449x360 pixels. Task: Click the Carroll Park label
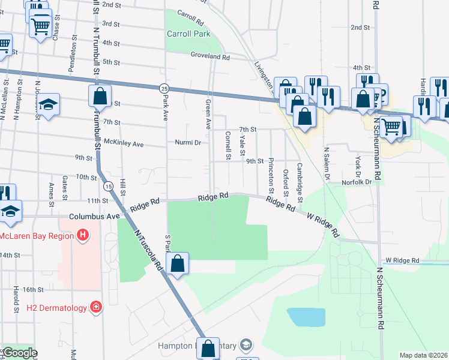(188, 34)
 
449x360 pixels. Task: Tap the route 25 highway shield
(164, 88)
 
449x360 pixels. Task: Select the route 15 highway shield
(106, 187)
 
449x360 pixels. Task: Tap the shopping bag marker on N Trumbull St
(100, 95)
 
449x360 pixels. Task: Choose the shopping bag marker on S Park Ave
(178, 263)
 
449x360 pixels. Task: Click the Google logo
(20, 353)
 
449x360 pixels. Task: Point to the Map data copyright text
(423, 355)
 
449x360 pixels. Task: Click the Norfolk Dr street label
(357, 182)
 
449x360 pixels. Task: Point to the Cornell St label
(228, 145)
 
